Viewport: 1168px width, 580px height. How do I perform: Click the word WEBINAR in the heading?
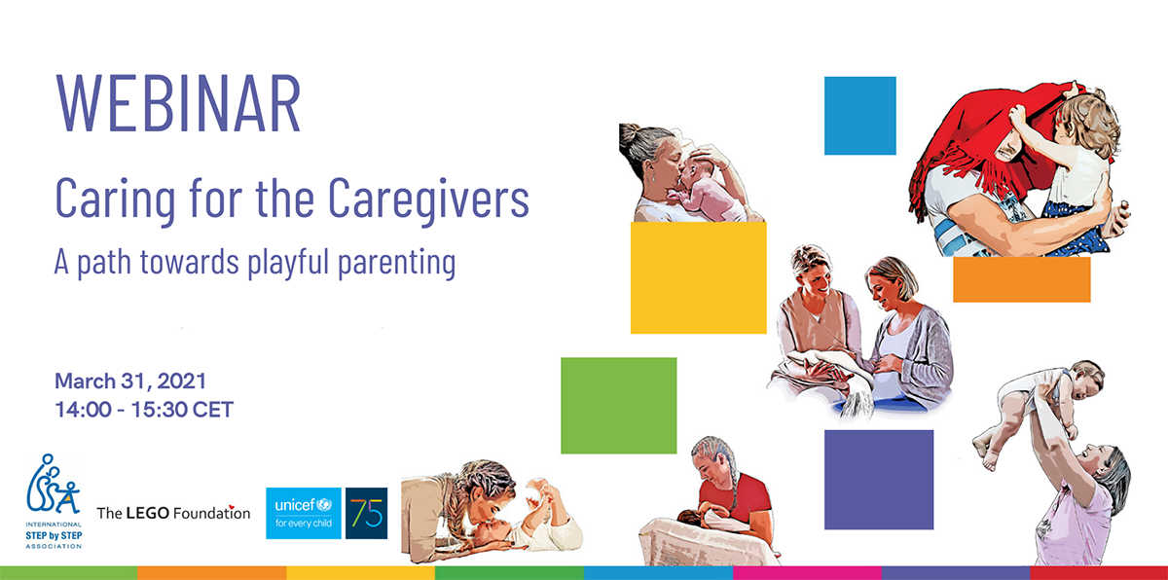click(x=178, y=103)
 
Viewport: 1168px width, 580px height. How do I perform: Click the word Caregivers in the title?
click(x=428, y=200)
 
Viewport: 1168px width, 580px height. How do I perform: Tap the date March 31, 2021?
click(x=130, y=381)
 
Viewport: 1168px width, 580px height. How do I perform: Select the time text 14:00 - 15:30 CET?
click(x=144, y=410)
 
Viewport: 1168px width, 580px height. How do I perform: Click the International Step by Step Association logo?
click(x=54, y=501)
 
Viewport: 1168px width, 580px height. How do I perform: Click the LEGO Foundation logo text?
click(x=173, y=513)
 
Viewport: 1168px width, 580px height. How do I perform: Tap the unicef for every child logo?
click(x=304, y=513)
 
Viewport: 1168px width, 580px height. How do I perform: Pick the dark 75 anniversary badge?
click(x=367, y=513)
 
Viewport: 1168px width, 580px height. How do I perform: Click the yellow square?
click(x=699, y=277)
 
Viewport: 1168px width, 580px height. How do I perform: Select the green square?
click(x=619, y=406)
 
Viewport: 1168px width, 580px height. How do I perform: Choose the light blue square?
click(x=860, y=116)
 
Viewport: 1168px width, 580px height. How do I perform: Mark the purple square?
click(x=879, y=480)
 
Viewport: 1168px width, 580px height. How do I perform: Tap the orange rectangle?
click(x=1022, y=279)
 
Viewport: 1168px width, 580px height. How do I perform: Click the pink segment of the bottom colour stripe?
click(x=807, y=573)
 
